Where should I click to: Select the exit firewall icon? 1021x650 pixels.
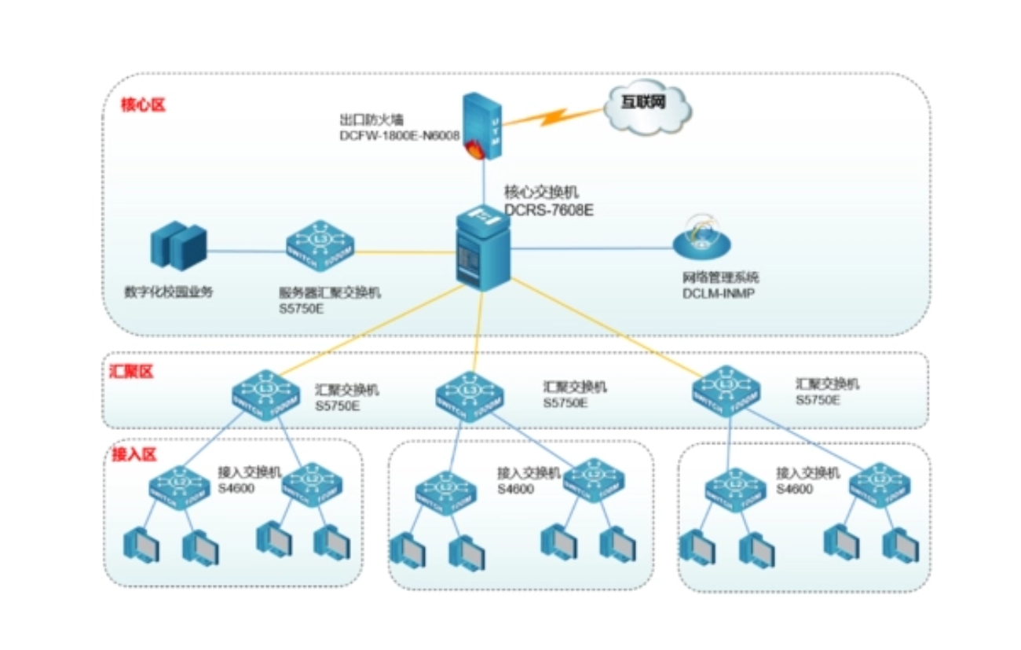482,126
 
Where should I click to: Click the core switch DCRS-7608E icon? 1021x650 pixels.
482,248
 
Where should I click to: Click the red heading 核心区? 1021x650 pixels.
143,105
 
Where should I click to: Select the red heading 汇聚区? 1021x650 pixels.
131,372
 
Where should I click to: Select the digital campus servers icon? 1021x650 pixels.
178,245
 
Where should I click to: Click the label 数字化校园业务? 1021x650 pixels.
169,292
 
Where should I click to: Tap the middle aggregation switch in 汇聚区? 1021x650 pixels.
470,395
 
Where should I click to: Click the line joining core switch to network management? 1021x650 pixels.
589,248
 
